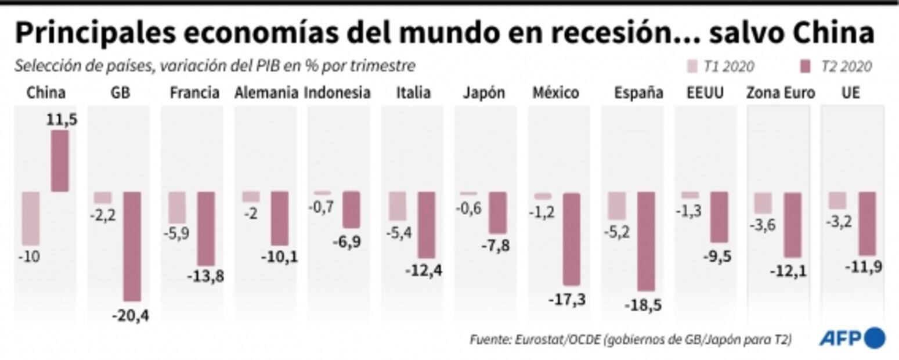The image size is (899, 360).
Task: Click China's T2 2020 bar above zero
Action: [x=60, y=161]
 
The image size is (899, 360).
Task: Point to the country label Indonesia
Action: [x=338, y=93]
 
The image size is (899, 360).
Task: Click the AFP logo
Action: [x=852, y=338]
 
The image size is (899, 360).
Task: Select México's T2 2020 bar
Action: [x=571, y=239]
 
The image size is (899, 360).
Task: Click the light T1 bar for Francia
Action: [x=177, y=207]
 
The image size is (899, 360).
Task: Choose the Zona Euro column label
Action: [x=781, y=93]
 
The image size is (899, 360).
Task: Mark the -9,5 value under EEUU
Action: [x=717, y=256]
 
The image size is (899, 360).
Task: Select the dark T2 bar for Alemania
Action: [x=279, y=218]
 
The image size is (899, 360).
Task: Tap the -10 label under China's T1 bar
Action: [x=29, y=256]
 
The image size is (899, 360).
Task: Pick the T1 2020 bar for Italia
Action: [x=398, y=206]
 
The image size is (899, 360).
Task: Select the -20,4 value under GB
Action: [x=131, y=317]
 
